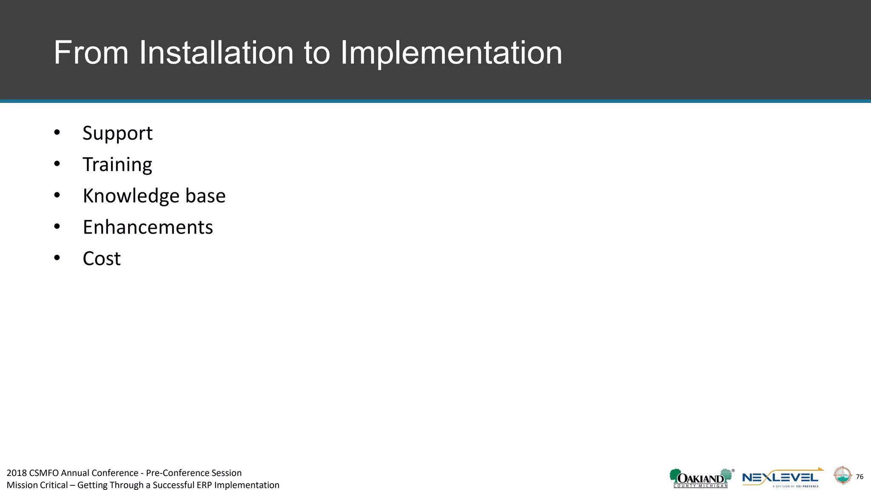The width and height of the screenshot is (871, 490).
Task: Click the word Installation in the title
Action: point(216,53)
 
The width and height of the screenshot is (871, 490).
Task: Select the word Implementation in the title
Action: point(451,53)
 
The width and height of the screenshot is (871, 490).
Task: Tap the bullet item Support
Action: point(117,134)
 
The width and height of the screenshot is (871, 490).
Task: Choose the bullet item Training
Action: point(117,165)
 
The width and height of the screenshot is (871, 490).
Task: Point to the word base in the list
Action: point(205,196)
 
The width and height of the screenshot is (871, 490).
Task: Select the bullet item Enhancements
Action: point(148,227)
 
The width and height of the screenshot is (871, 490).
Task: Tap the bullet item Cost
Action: point(102,259)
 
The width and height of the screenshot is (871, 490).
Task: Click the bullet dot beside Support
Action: point(57,133)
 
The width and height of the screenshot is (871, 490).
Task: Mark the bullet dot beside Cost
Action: point(57,258)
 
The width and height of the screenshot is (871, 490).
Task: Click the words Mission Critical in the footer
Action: point(37,485)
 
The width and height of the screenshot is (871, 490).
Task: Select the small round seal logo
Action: point(842,476)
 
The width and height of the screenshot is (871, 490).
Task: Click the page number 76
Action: point(860,477)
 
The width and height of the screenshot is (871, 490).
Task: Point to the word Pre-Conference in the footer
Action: point(174,473)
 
